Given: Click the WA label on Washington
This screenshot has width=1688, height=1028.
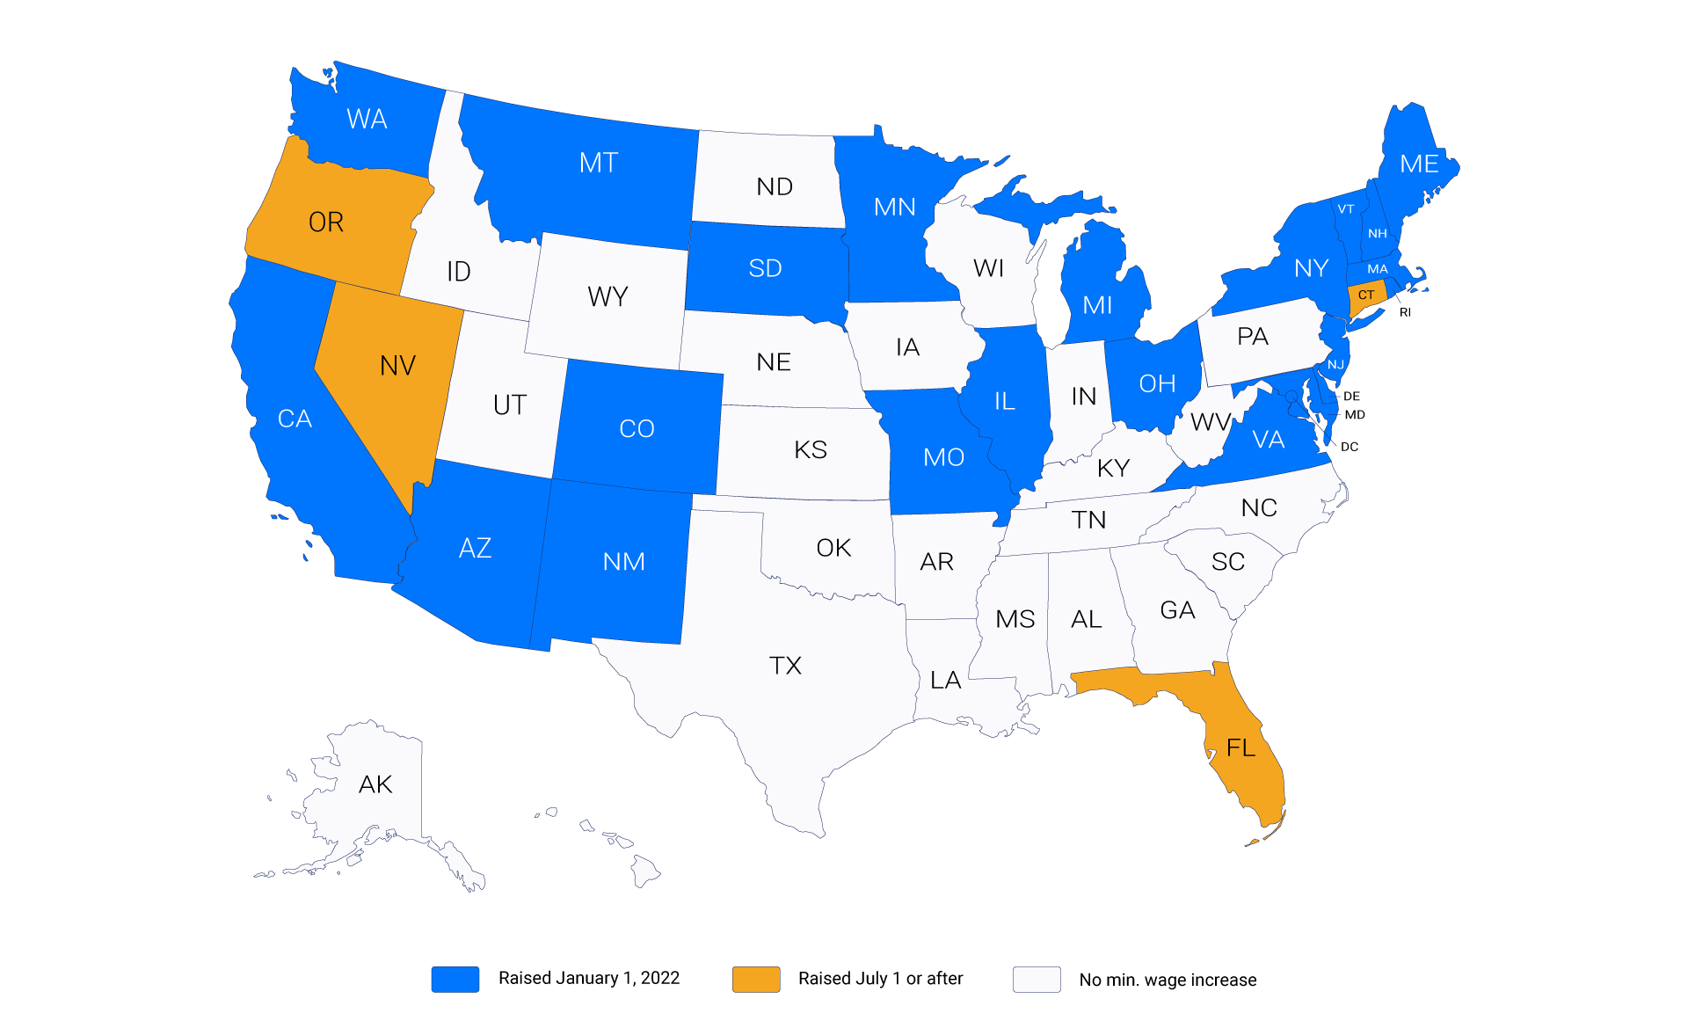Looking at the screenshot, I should click(367, 120).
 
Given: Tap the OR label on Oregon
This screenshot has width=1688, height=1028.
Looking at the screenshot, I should click(326, 222).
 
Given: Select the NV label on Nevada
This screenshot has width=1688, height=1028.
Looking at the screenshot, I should click(397, 366).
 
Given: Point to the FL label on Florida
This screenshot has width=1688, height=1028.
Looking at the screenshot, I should click(1241, 748).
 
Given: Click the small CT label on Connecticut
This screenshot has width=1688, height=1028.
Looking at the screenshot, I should click(1366, 295).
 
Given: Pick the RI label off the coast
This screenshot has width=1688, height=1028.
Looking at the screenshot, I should click(1405, 312).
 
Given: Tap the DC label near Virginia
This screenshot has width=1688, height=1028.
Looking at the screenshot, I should click(1350, 447).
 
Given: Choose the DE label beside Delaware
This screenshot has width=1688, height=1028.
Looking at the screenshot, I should click(1351, 397).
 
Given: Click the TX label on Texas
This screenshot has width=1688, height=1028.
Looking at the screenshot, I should click(785, 666).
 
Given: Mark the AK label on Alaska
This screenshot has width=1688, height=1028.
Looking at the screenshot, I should click(375, 784).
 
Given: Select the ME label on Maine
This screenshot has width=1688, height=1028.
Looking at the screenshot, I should click(1419, 164).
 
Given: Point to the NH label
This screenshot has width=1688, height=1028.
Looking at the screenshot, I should click(1378, 234).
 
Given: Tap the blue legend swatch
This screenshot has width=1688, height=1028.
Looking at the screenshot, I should click(455, 979).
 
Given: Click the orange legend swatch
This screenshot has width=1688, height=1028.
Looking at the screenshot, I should click(756, 979).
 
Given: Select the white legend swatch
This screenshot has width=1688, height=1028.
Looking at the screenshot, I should click(1037, 979).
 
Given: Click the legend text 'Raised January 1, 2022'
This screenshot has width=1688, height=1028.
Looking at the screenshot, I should click(589, 979).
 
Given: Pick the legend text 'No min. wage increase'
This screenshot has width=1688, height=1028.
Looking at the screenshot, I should click(1168, 980).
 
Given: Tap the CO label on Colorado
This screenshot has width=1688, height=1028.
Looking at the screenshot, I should click(637, 429).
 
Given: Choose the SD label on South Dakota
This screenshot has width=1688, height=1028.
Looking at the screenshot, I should click(765, 269).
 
